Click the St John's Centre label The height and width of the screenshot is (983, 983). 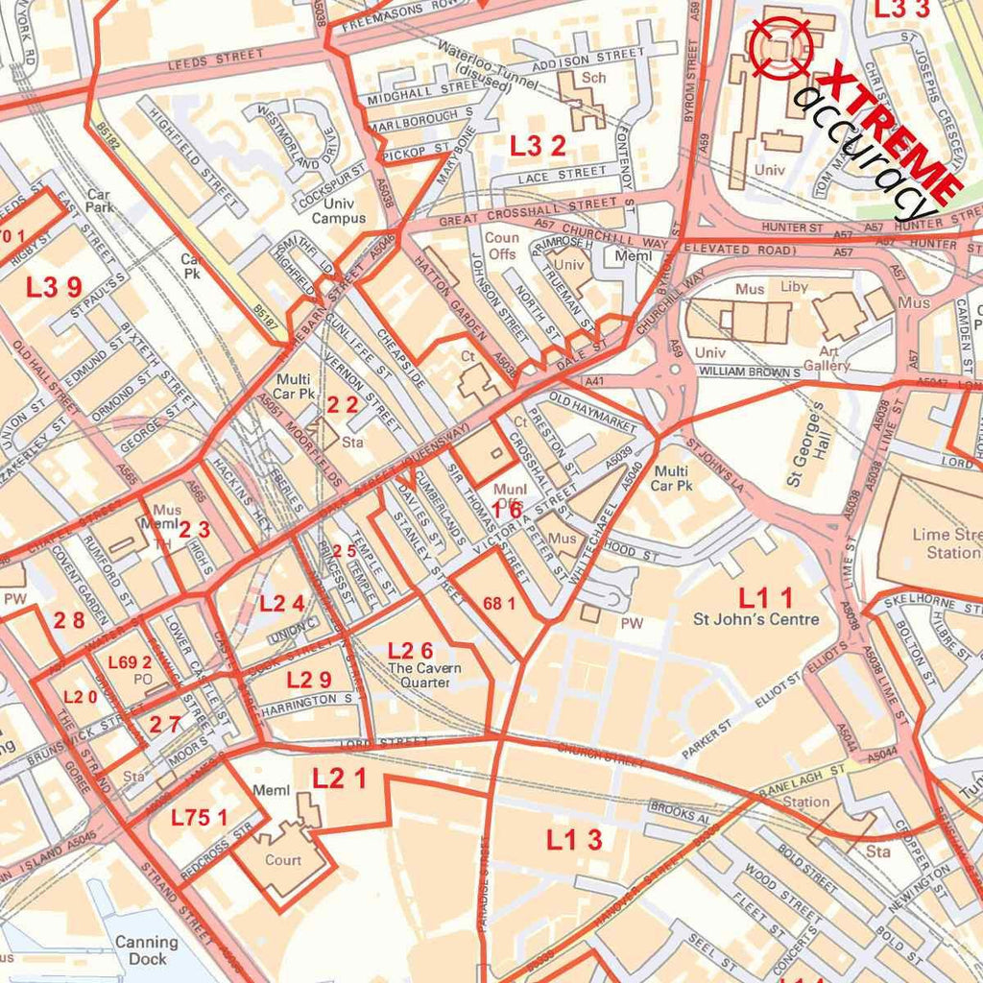tap(756, 619)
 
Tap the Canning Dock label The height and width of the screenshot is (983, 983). tap(147, 949)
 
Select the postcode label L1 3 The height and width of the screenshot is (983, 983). tap(575, 839)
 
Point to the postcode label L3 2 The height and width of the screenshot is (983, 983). tap(538, 146)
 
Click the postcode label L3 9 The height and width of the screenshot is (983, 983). tap(54, 287)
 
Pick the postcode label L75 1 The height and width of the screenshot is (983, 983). tap(200, 818)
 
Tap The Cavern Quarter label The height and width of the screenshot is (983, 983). tap(424, 675)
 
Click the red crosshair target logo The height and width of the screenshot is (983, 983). tap(780, 45)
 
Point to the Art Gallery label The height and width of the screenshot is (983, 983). tap(827, 358)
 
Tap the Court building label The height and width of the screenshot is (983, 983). tap(283, 860)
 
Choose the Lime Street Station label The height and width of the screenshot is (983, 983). tap(950, 543)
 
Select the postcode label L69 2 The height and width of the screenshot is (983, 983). tap(130, 662)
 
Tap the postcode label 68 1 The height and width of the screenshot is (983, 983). tap(499, 603)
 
